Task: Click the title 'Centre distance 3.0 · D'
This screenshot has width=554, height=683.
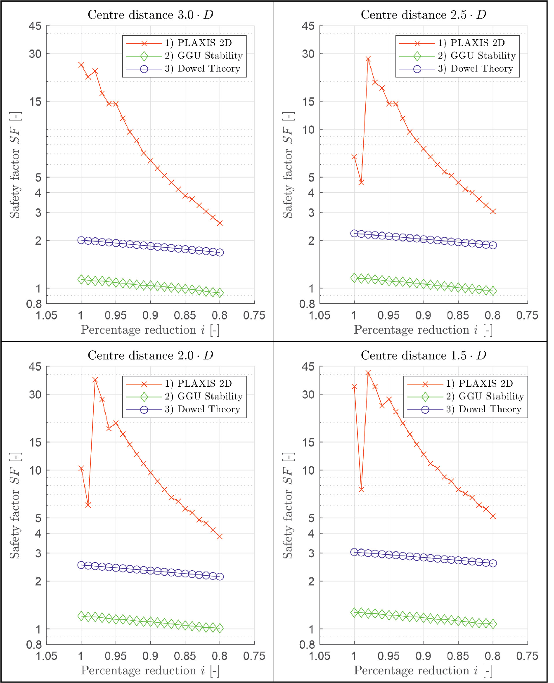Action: (150, 15)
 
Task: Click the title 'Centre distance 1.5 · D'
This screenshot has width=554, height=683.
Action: (423, 356)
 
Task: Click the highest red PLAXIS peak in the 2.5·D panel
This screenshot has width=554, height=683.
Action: (368, 59)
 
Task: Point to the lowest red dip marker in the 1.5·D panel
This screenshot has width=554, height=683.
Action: (361, 489)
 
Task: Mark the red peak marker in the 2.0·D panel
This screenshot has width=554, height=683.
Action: (95, 380)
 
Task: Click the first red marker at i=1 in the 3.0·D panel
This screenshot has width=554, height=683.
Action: (81, 65)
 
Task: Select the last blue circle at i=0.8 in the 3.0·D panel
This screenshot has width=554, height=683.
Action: (220, 253)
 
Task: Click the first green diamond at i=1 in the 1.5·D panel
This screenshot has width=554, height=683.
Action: (354, 612)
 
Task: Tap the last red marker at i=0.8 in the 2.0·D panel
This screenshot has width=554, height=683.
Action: (220, 536)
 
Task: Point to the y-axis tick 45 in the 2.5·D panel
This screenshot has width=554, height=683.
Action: (308, 26)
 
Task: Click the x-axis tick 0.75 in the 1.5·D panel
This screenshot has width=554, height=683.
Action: (527, 656)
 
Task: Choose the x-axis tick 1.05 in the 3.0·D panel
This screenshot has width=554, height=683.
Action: (47, 316)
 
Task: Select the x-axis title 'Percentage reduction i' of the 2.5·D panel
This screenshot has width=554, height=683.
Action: (423, 330)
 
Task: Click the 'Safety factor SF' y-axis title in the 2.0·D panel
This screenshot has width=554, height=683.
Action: (15, 506)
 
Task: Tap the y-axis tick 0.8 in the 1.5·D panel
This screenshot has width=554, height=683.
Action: (307, 645)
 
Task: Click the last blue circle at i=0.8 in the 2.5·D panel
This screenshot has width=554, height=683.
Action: (492, 245)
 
